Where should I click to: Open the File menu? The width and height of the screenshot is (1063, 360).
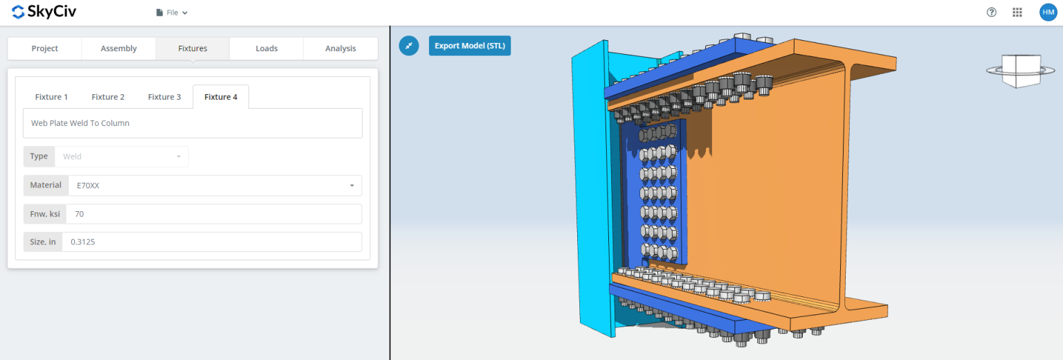tap(172, 12)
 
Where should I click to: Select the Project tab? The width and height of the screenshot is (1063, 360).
tap(44, 48)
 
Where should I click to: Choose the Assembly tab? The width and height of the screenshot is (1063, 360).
tap(118, 48)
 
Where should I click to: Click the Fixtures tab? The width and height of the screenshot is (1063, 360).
tap(192, 48)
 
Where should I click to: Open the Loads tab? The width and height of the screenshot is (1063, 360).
tap(266, 48)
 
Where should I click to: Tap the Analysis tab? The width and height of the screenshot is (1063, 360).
tap(340, 48)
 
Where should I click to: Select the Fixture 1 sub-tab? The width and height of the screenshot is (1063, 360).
tap(51, 97)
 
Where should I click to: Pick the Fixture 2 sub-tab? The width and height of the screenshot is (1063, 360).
tap(108, 97)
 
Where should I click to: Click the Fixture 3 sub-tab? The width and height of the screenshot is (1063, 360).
tap(164, 97)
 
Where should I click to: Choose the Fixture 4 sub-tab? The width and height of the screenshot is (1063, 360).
tap(221, 97)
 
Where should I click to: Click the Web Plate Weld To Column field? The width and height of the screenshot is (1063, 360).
tap(192, 123)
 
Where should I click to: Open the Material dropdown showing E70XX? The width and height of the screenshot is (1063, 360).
tap(214, 186)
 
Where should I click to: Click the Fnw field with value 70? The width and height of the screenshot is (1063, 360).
tap(214, 214)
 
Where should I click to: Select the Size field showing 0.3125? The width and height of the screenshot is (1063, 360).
tap(211, 242)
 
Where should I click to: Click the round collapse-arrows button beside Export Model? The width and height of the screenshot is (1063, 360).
tap(409, 46)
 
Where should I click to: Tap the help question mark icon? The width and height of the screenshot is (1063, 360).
tap(992, 12)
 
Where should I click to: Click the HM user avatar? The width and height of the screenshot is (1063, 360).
tap(1048, 12)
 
